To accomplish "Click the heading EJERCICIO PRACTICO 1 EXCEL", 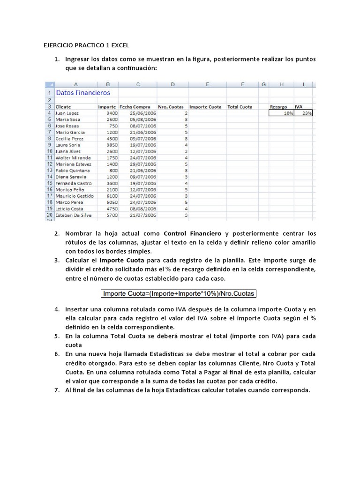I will click(82, 45).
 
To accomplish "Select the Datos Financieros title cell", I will click(83, 93).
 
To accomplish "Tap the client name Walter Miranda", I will click(73, 158).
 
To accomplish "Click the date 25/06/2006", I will click(144, 113).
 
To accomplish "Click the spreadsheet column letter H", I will click(281, 84).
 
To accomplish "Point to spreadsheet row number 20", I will click(49, 215).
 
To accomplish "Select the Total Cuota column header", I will click(240, 107).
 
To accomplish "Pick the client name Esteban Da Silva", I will click(74, 215).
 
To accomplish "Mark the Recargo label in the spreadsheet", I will click(278, 107).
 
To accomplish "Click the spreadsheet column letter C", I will click(137, 84).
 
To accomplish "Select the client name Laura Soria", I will click(68, 145).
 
